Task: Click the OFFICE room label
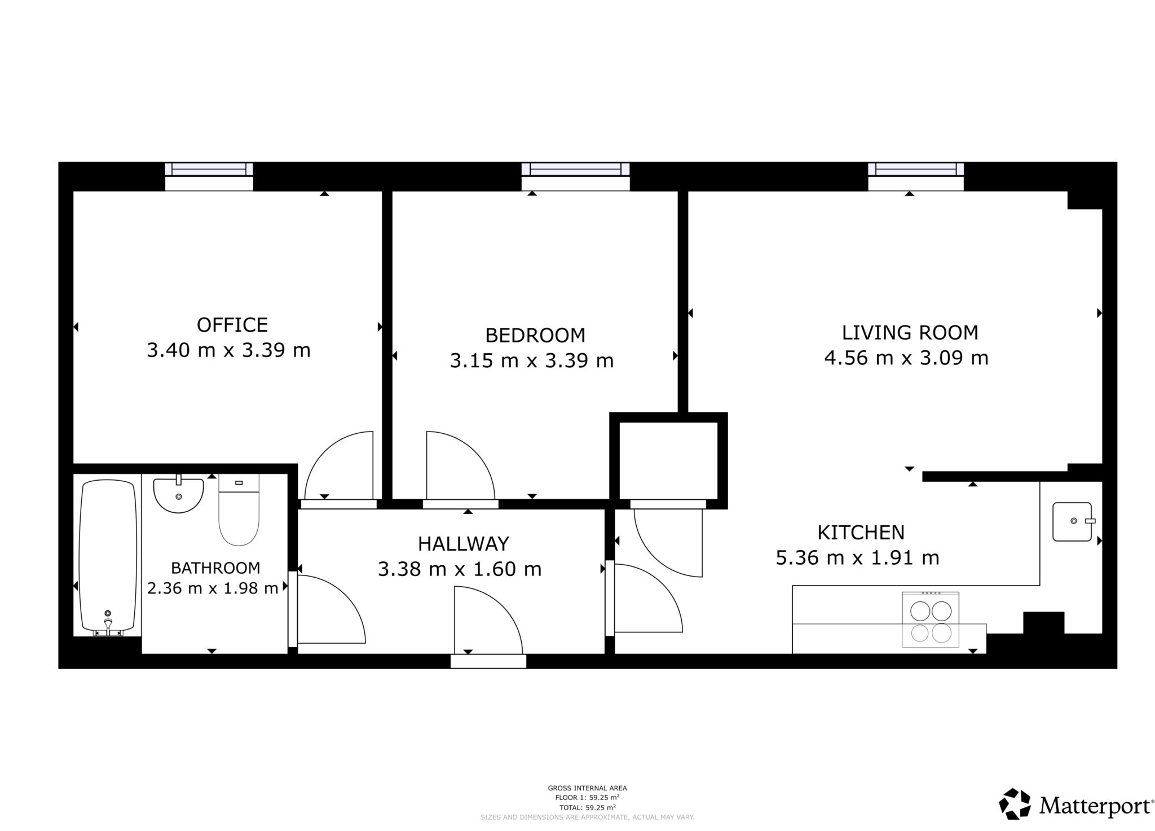pos(232,325)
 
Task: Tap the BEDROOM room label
pos(535,335)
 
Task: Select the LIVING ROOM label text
pos(909,333)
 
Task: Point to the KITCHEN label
pos(861,532)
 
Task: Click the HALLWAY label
pos(463,543)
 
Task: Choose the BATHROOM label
pos(215,568)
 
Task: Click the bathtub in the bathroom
pos(108,556)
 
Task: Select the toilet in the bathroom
pos(239,510)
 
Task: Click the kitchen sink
pos(1072,522)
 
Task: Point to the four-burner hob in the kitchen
pos(931,619)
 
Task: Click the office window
pos(209,169)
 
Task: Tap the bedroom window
pos(575,169)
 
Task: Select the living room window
pos(915,169)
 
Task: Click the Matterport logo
pos(1076,806)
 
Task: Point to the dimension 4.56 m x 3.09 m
pos(906,358)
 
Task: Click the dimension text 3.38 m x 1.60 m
pos(459,569)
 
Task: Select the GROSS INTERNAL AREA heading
pos(587,788)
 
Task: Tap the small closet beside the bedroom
pos(668,460)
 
